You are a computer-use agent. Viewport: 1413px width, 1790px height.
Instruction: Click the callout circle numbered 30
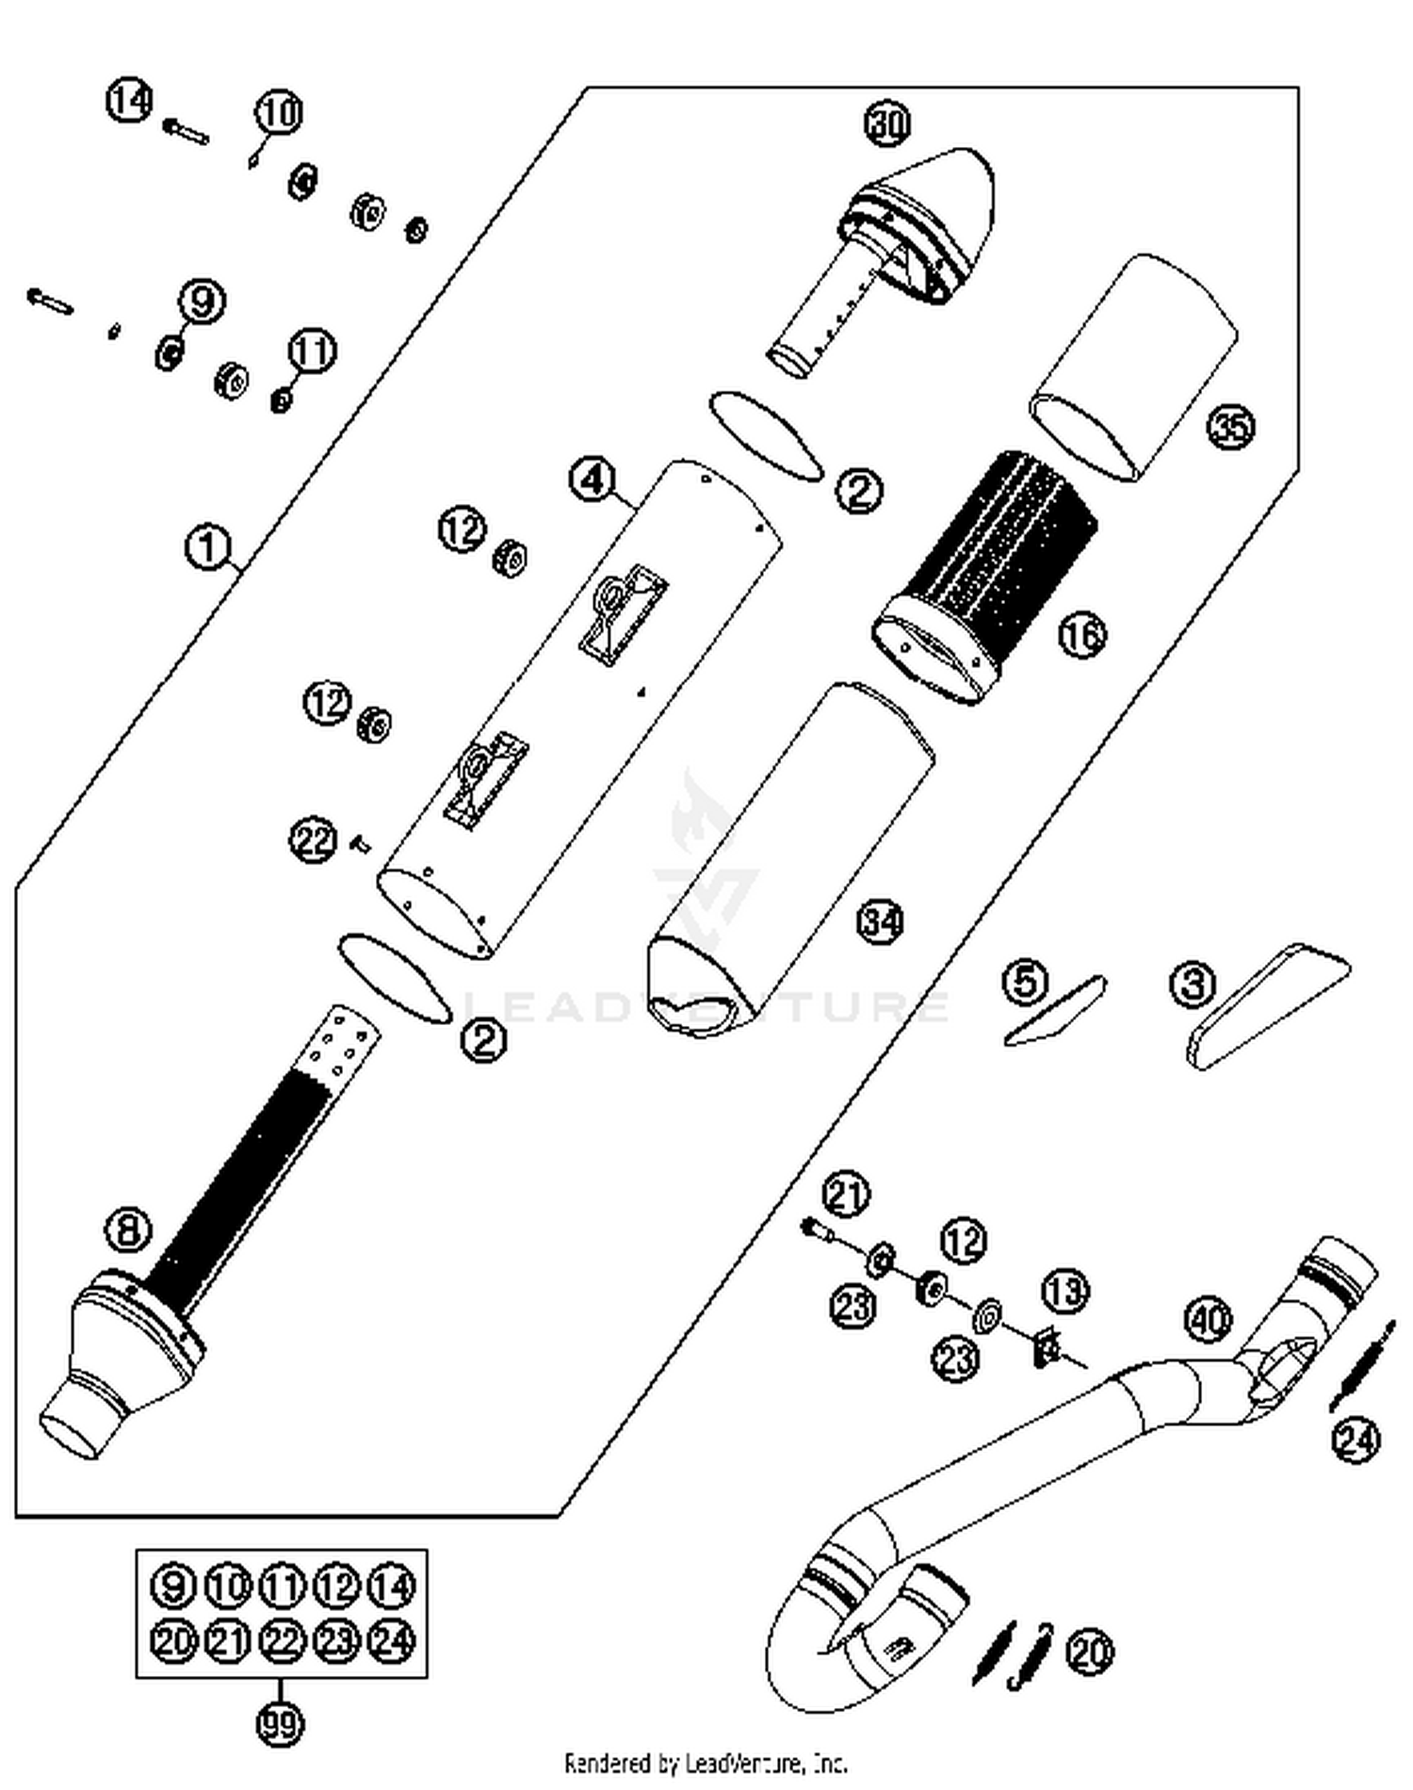886,123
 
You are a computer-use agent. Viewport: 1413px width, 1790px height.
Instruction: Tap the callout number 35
1230,427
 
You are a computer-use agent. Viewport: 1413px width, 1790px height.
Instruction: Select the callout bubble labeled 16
1082,635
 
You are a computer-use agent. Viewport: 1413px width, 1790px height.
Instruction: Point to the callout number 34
881,920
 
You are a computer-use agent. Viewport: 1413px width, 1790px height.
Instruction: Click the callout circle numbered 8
128,1229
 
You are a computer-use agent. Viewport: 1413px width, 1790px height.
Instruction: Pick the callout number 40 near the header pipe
1207,1319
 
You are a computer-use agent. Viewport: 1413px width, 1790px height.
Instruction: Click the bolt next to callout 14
187,130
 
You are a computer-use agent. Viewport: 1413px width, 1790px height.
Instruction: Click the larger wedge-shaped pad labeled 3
1267,1003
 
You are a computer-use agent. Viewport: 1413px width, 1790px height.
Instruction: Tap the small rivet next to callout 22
359,844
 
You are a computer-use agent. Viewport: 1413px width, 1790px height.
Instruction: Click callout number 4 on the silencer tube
593,480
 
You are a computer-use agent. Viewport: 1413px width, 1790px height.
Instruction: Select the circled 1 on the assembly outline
208,547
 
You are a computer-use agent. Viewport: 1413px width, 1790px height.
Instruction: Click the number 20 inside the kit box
172,1641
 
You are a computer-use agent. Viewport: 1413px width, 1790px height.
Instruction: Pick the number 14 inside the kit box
391,1587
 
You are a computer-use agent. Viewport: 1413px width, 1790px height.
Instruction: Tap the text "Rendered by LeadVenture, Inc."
705,1763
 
